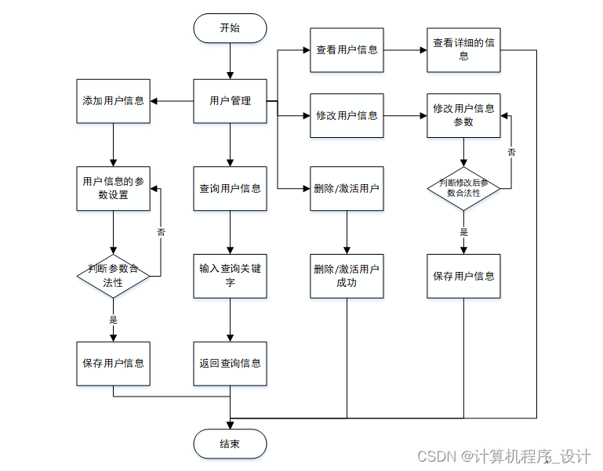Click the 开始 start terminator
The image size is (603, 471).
(230, 28)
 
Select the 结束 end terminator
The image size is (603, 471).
(230, 444)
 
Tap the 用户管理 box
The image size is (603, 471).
(230, 101)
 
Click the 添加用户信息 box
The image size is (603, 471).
(113, 101)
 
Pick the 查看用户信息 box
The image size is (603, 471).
(347, 50)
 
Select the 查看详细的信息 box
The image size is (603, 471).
(463, 50)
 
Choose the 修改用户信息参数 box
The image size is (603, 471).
(463, 115)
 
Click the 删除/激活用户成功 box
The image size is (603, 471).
(347, 276)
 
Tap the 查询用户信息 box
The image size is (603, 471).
(230, 188)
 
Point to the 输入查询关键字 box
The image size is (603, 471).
(230, 276)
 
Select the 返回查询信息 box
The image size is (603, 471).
(230, 364)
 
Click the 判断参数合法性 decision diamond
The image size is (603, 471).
(113, 276)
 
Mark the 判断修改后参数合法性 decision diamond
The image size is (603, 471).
(463, 188)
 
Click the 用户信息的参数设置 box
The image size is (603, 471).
(113, 188)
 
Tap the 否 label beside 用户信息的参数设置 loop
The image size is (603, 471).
(161, 232)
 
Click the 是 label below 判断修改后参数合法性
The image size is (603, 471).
(463, 232)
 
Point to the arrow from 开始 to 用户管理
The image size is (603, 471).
(230, 61)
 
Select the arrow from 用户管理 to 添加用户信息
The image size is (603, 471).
(172, 101)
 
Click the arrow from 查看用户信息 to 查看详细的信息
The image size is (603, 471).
(405, 50)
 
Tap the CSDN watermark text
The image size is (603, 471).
(503, 456)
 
